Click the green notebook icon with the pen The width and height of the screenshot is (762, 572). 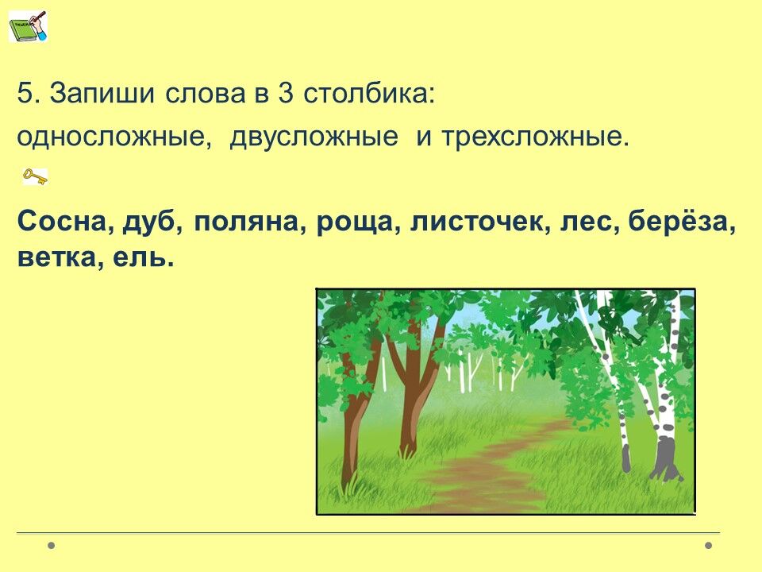[x=29, y=26]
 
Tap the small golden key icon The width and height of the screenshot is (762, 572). [x=35, y=177]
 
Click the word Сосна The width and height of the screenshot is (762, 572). [x=62, y=222]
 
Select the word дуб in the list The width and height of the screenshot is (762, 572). [x=149, y=223]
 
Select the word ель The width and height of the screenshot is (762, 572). [x=140, y=257]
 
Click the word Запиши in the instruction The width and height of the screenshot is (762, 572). [x=102, y=94]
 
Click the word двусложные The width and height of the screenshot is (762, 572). [x=314, y=138]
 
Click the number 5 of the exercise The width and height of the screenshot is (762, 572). [x=25, y=94]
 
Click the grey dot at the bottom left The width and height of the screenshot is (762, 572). [x=52, y=545]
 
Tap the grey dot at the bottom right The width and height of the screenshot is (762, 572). [x=709, y=545]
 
